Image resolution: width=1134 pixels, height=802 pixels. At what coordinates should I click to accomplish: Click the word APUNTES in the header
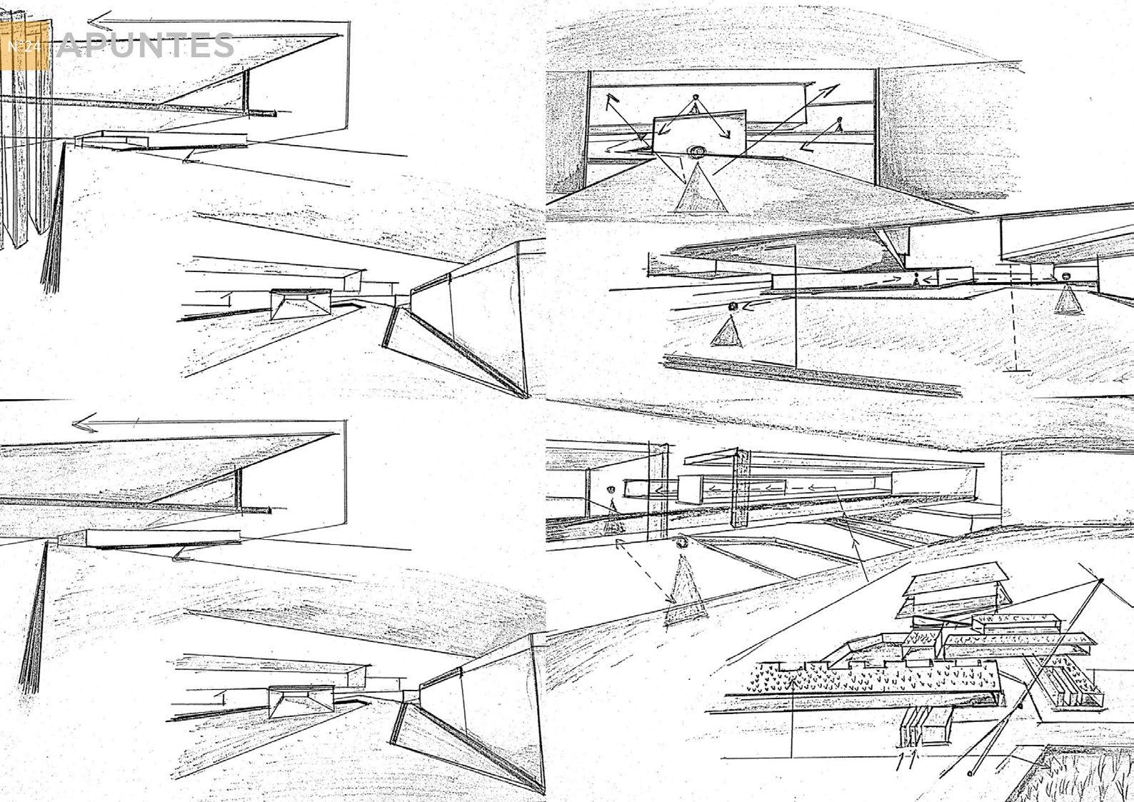click(146, 46)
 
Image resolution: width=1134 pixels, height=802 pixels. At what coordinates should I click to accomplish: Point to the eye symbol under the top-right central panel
click(695, 151)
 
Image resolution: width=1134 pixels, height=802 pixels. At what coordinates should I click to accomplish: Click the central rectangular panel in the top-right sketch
click(700, 131)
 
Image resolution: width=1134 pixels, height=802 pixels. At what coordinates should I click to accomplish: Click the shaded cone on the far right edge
click(1068, 299)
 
